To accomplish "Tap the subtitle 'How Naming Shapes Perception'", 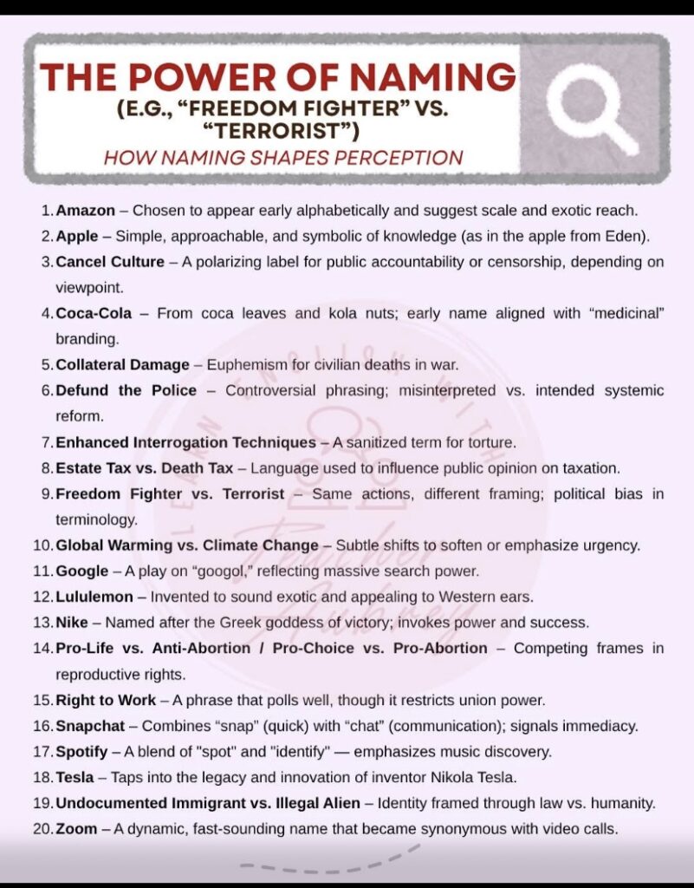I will pos(283,158).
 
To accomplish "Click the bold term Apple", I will pos(77,235).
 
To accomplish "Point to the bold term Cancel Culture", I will pos(109,261).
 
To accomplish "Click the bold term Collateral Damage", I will pos(122,365).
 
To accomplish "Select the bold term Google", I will pos(83,571).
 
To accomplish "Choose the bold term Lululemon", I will pos(94,597).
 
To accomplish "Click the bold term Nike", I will pos(72,623).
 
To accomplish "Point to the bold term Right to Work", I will pos(106,700).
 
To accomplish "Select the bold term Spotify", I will pos(81,751).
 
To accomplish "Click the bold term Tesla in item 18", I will pos(75,777).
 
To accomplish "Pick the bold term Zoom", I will pos(76,828).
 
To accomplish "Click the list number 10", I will pos(42,545).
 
